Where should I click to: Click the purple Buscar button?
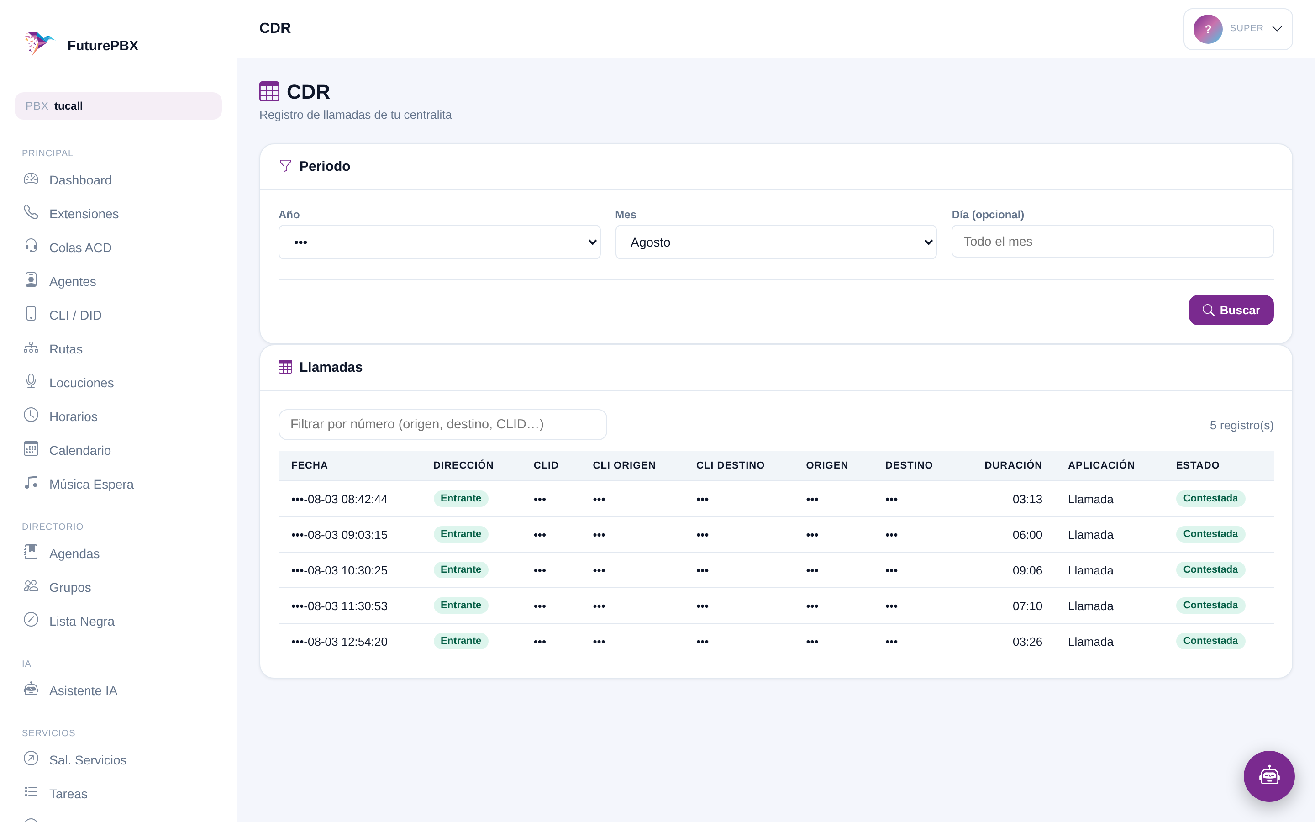point(1231,310)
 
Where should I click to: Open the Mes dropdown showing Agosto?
point(776,242)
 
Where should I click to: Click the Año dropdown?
point(439,242)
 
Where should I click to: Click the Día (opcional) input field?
point(1112,242)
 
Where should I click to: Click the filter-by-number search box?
point(442,425)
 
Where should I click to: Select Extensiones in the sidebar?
point(84,214)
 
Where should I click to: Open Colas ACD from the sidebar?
point(80,248)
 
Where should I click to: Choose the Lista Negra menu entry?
point(82,621)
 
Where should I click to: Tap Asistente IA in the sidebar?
point(83,690)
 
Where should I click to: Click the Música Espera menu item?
point(91,484)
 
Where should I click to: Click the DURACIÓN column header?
point(1013,465)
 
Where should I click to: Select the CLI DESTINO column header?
point(730,465)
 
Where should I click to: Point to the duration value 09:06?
point(1027,570)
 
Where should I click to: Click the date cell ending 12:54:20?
point(339,642)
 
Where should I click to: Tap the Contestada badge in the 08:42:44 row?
point(1210,499)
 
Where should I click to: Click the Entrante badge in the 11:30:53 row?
point(461,605)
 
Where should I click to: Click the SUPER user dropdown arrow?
point(1277,29)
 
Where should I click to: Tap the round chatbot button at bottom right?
point(1269,776)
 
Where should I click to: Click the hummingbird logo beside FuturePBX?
point(39,43)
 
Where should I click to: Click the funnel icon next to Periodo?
point(285,166)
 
